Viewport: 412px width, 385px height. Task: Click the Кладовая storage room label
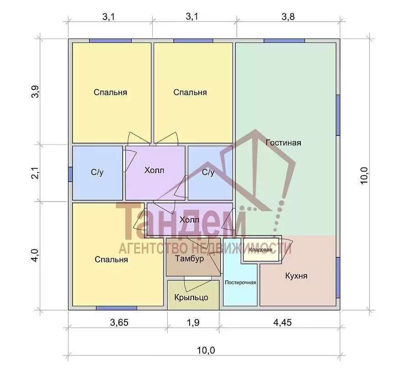point(261,249)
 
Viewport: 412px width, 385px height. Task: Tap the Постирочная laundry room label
point(240,283)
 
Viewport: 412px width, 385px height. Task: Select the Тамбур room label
point(190,258)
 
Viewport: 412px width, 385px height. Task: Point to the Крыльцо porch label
point(191,297)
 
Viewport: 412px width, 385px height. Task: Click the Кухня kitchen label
point(296,276)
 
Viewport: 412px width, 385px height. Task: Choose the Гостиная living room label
point(283,143)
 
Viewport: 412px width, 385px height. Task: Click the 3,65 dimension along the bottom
point(119,322)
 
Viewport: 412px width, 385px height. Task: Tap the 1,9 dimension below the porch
point(193,322)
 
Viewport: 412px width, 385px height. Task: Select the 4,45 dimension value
point(283,322)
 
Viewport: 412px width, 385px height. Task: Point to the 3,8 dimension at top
point(288,16)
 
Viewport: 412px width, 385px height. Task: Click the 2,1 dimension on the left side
point(35,173)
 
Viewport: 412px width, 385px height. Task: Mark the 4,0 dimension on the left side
point(35,255)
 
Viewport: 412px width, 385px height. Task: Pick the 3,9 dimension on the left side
point(35,91)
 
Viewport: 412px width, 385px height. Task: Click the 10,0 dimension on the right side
point(364,176)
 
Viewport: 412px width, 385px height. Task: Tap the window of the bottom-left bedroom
point(116,308)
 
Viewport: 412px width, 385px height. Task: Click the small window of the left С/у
point(70,174)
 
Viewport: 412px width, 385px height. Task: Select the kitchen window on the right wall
point(338,278)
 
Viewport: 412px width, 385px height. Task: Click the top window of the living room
point(284,41)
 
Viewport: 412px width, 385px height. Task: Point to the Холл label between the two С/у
point(154,170)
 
